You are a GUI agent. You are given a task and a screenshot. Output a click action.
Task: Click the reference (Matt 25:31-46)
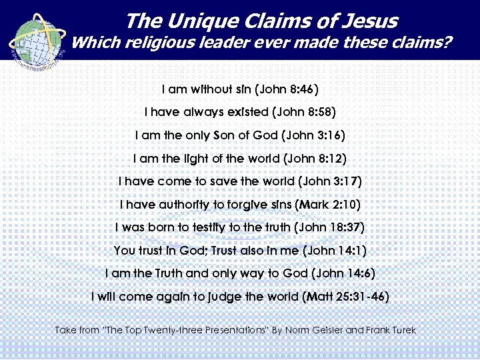345,297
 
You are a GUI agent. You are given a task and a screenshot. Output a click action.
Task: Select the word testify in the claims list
197,227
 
